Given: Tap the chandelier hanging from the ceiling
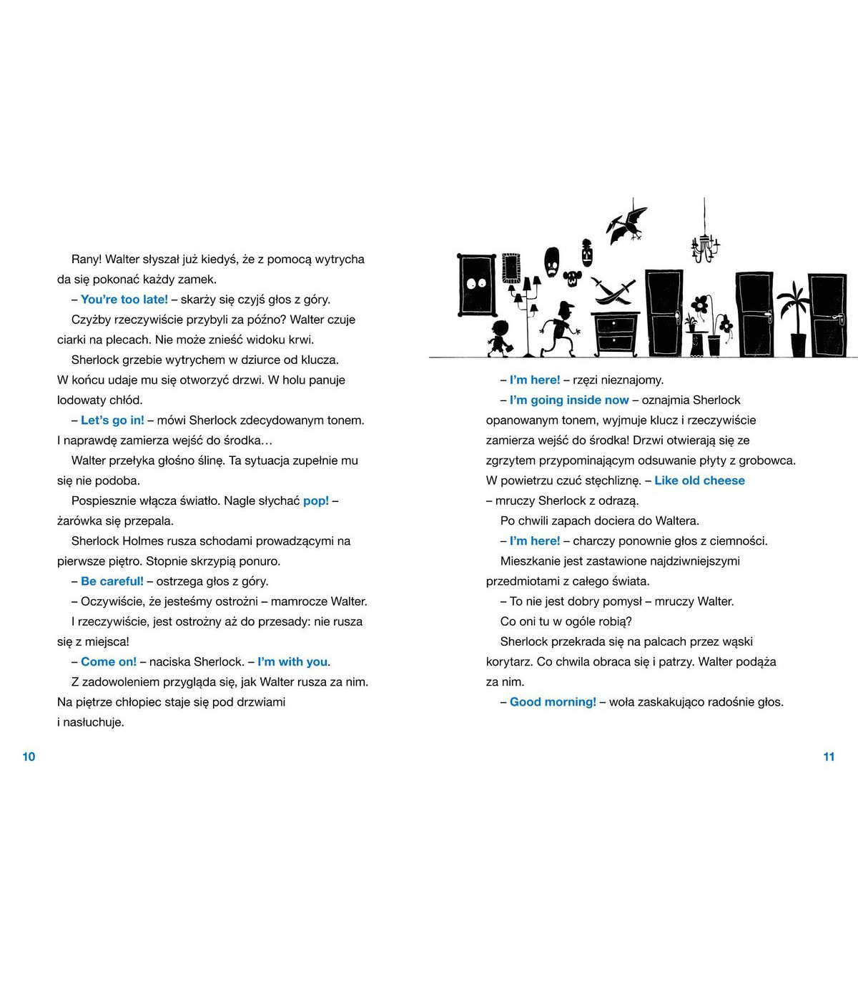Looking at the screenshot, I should click(x=705, y=243).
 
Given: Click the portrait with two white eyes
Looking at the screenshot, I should click(x=476, y=284).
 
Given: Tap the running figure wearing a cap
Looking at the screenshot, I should click(x=558, y=329).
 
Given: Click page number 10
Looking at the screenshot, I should click(x=29, y=756).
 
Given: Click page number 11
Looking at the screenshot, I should click(x=829, y=756).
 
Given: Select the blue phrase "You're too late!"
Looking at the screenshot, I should click(x=124, y=300).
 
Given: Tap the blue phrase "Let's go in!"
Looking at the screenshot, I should click(x=112, y=420).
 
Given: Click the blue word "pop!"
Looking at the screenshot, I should click(x=316, y=501).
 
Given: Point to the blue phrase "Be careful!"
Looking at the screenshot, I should click(x=112, y=581).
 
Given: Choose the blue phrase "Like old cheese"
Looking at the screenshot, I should click(x=699, y=480).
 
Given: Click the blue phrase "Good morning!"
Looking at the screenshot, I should click(x=553, y=702).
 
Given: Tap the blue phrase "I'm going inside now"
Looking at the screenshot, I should click(x=569, y=400).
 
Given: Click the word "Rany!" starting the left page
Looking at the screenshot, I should click(x=87, y=260).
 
